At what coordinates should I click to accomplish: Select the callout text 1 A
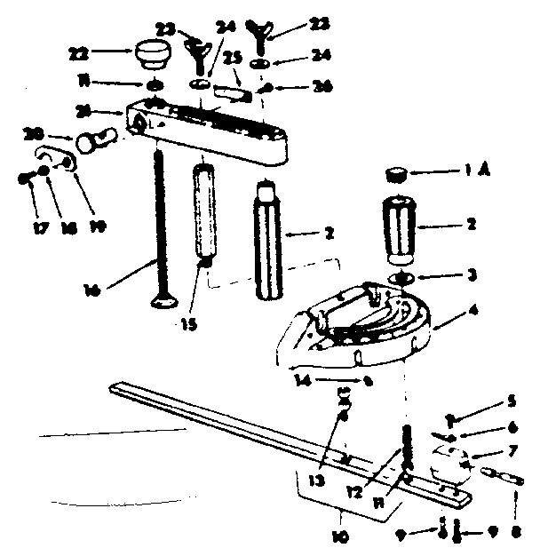[476, 174]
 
